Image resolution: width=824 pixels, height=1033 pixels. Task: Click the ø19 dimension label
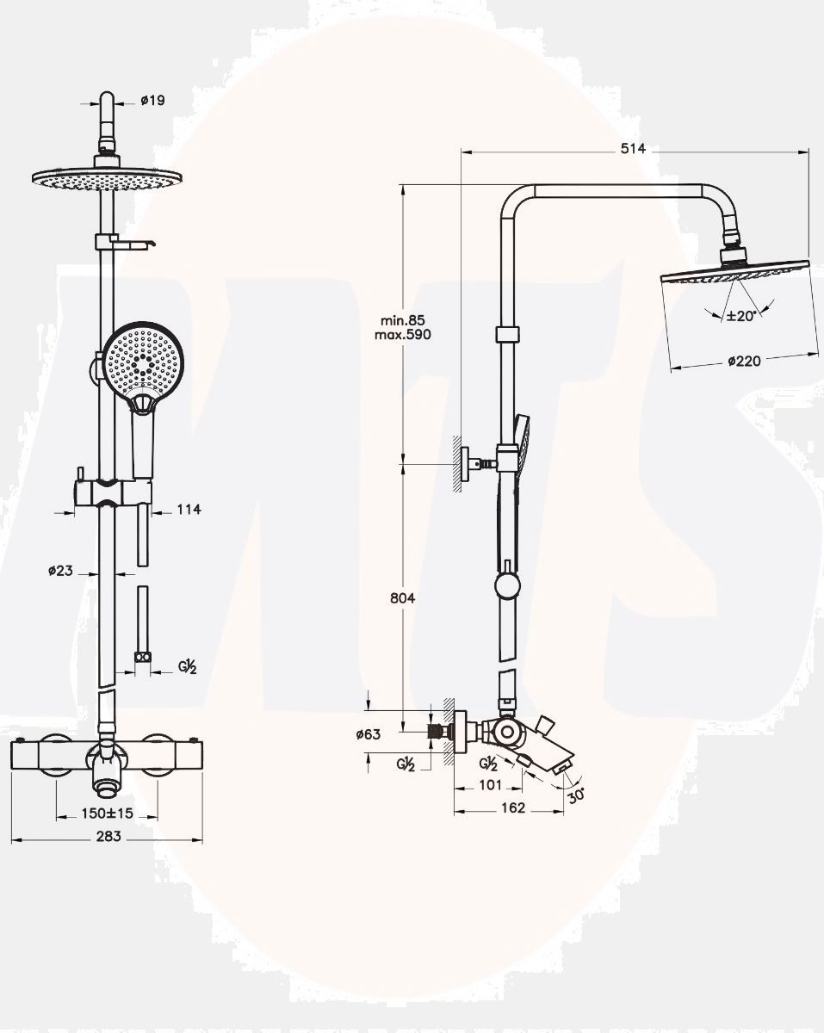pos(152,100)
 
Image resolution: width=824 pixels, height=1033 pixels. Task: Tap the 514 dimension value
pos(633,149)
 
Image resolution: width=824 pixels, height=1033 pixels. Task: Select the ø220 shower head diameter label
pos(744,362)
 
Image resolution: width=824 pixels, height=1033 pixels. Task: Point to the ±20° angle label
pos(740,316)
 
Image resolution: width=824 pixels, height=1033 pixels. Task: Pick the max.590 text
pos(403,334)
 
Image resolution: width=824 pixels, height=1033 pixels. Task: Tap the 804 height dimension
pos(402,598)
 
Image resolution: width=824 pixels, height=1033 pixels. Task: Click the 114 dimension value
pos(188,510)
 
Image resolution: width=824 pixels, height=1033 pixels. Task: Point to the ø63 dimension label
pos(368,734)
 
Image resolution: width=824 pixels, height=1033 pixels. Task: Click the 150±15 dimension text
pos(107,813)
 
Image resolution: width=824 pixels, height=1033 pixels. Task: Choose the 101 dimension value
pos(489,784)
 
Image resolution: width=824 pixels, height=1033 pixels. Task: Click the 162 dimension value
pos(511,808)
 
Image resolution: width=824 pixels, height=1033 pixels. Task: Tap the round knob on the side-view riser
pos(507,587)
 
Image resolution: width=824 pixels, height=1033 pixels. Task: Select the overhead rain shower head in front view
pos(108,180)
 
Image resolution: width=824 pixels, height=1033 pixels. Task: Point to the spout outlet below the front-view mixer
pos(108,786)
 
